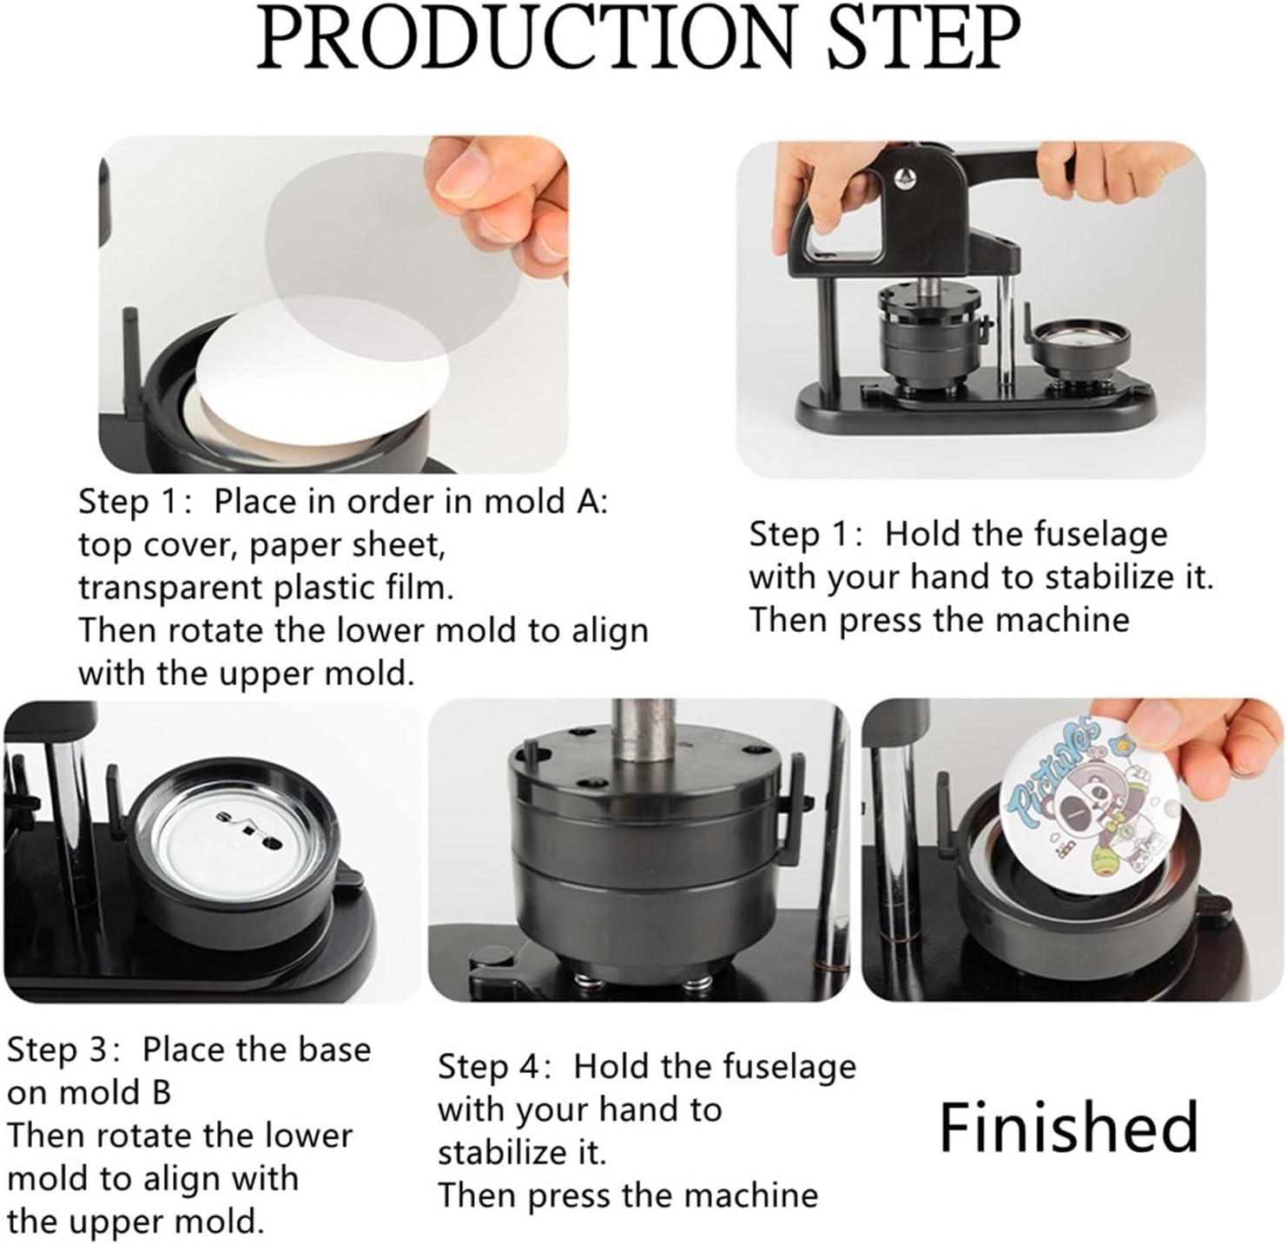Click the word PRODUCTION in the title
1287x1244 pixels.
(525, 37)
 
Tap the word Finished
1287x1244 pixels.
(1068, 1128)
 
